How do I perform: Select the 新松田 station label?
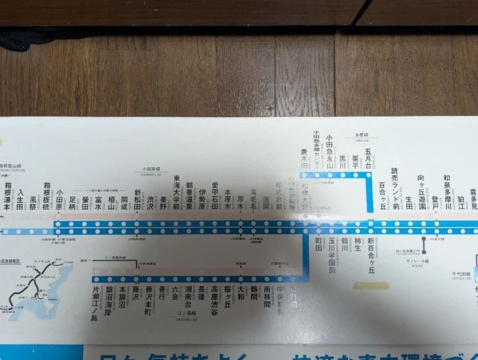click(137, 200)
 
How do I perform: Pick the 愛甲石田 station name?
click(215, 195)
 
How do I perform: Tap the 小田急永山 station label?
click(329, 153)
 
